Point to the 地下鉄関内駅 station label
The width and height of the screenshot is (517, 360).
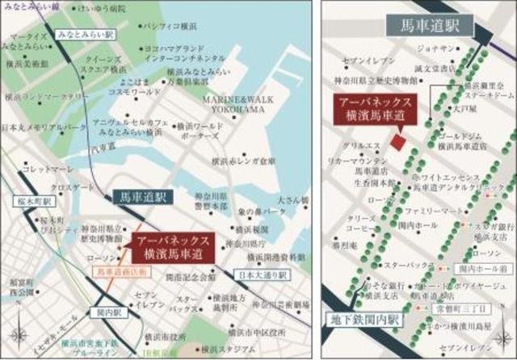363,320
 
